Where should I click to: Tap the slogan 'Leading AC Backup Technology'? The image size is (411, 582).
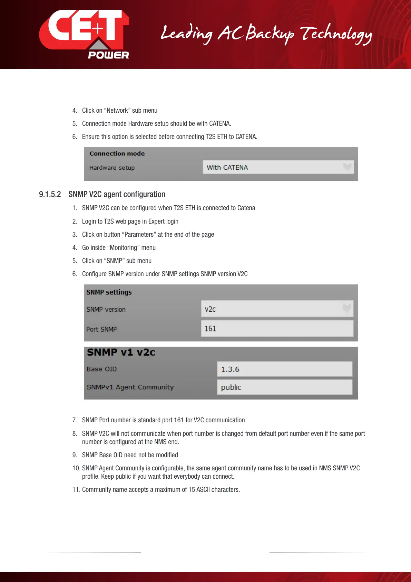266,34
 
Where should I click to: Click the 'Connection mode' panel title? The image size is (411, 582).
117,153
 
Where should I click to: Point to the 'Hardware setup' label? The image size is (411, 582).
112,168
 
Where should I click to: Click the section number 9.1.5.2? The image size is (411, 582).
50,194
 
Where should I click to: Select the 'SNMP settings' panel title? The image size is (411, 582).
109,292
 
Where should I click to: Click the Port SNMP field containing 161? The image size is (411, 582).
277,328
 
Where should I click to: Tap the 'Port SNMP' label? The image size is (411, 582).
101,329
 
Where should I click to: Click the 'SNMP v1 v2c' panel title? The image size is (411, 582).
121,352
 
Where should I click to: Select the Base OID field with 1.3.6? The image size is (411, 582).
284,369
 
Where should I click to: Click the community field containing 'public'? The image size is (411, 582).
284,387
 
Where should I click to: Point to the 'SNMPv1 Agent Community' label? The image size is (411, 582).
130,387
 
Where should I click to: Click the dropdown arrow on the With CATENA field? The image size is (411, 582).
347,167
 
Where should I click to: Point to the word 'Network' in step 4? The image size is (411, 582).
117,110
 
